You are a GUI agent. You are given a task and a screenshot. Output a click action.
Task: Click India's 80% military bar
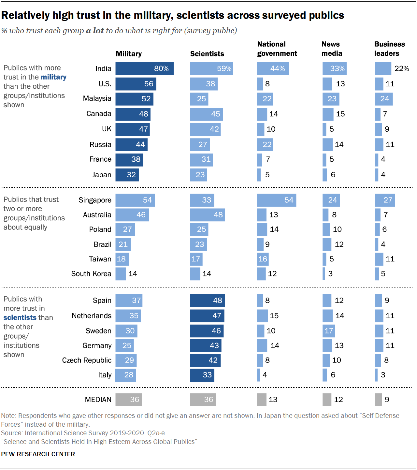pyautogui.click(x=144, y=69)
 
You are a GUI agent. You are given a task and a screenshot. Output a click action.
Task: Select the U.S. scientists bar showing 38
pyautogui.click(x=204, y=84)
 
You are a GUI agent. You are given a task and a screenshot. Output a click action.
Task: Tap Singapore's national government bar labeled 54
pyautogui.click(x=276, y=200)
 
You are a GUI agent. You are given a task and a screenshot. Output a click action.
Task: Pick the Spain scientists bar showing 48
pyautogui.click(x=207, y=301)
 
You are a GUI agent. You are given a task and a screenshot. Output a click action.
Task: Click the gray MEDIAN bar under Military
pyautogui.click(x=128, y=400)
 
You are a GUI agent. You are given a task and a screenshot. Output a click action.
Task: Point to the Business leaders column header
pyautogui.click(x=389, y=49)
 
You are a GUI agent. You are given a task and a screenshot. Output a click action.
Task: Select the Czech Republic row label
pyautogui.click(x=87, y=360)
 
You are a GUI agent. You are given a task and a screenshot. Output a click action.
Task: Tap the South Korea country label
pyautogui.click(x=91, y=274)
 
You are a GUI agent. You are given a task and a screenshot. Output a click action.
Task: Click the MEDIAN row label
pyautogui.click(x=98, y=400)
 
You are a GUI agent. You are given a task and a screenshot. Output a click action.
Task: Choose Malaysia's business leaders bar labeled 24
pyautogui.click(x=384, y=99)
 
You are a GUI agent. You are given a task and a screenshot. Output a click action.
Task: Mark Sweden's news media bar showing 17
pyautogui.click(x=328, y=331)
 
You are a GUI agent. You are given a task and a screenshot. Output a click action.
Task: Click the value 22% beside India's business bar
pyautogui.click(x=401, y=69)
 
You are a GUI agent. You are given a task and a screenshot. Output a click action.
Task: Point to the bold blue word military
pyautogui.click(x=53, y=77)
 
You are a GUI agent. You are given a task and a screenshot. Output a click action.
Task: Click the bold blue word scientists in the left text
pyautogui.click(x=20, y=318)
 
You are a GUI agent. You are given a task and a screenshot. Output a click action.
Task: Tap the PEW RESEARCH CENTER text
pyautogui.click(x=38, y=454)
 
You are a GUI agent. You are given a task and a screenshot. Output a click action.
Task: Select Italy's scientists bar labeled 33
pyautogui.click(x=202, y=375)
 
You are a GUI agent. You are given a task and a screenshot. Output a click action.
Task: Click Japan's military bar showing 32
pyautogui.click(x=127, y=175)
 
